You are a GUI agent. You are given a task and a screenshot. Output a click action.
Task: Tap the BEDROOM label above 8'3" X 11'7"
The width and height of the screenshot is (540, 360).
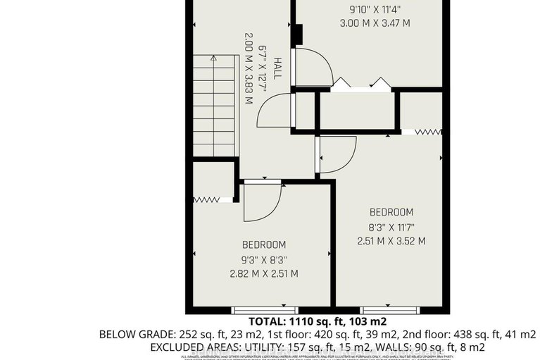click(x=391, y=212)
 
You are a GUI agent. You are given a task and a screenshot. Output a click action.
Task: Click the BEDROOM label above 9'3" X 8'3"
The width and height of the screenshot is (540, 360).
click(x=264, y=244)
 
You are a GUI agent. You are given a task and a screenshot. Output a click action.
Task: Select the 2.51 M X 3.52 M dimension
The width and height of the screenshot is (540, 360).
click(x=391, y=241)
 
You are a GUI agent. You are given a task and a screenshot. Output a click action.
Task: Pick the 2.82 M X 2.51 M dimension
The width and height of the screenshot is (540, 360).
click(x=264, y=273)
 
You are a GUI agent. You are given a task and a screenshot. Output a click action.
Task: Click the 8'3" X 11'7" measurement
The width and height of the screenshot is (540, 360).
click(x=391, y=227)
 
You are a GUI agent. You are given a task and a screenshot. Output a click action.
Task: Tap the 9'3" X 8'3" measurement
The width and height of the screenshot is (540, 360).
click(x=264, y=259)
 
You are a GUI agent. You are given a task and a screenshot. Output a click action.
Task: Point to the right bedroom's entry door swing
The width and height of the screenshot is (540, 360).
click(x=337, y=151)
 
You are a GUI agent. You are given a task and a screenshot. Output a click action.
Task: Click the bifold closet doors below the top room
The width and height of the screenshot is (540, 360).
click(x=361, y=85)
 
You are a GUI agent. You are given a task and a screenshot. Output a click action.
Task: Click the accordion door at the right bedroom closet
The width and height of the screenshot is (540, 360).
click(x=427, y=131)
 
